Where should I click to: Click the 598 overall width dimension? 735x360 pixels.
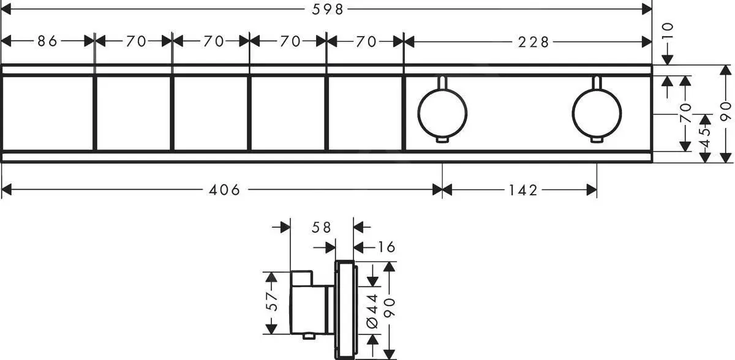coord(326,9)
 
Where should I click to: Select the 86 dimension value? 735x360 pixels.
coord(47,42)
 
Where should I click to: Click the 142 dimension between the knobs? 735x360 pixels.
coord(522,190)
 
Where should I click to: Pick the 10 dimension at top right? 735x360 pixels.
coord(668,31)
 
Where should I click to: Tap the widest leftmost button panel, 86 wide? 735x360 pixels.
coord(48,113)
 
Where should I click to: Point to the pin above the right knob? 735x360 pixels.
coord(597,82)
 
